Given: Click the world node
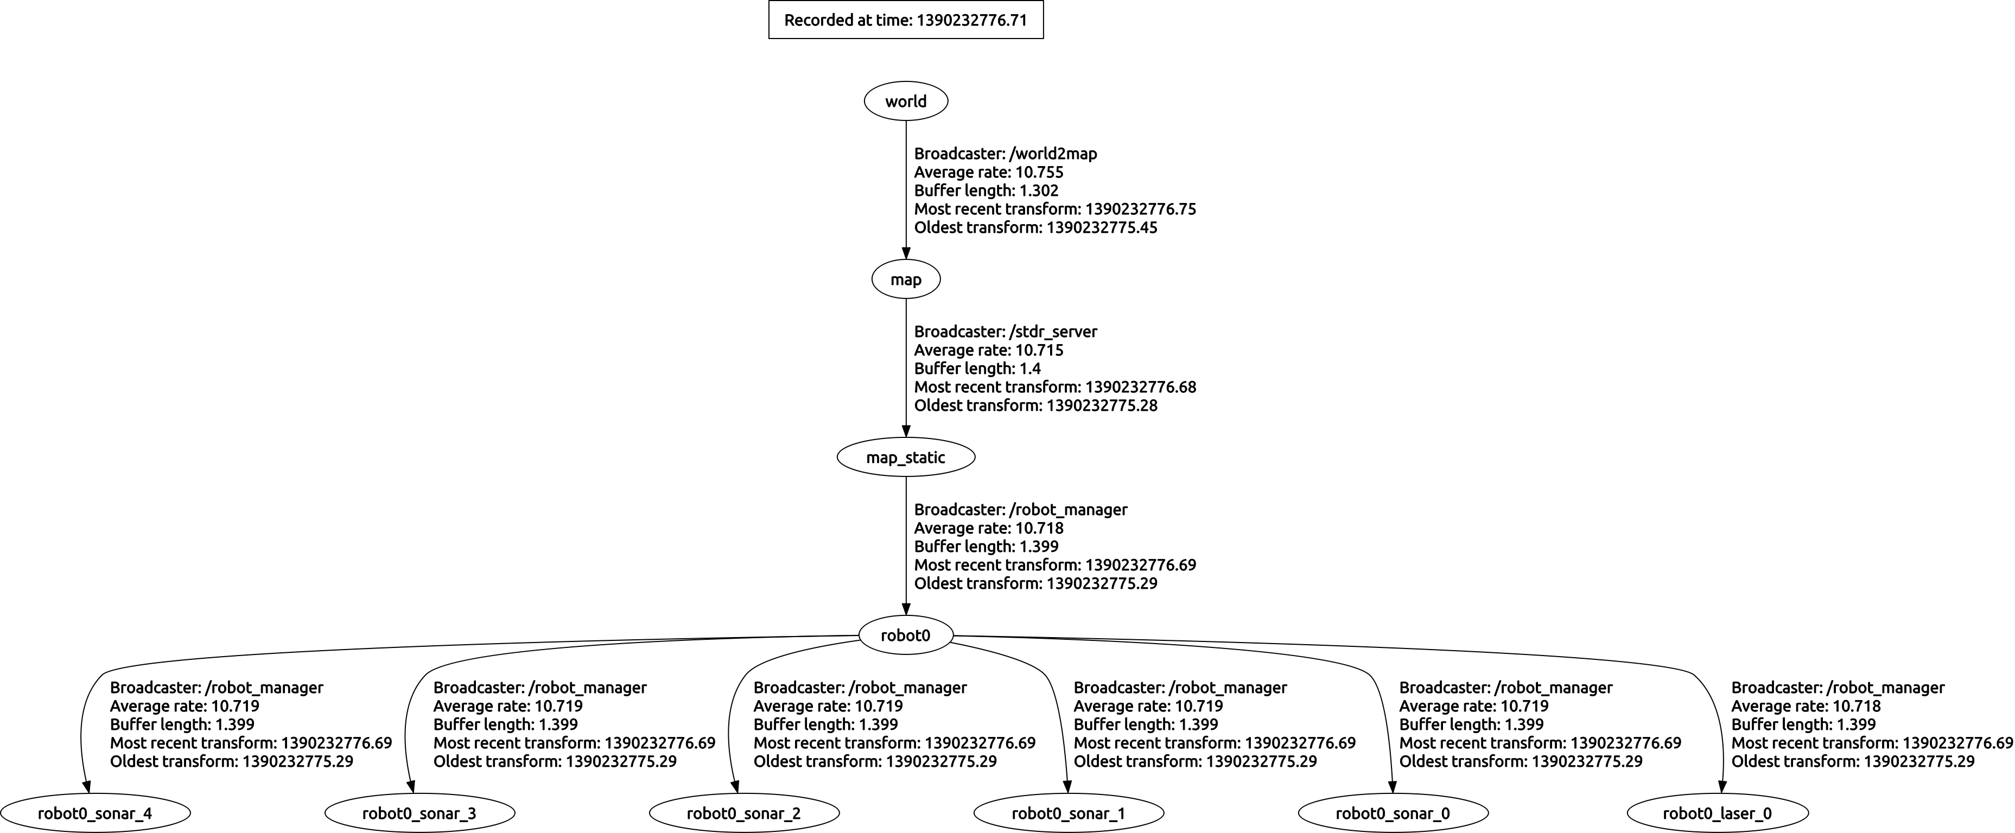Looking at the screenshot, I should (x=906, y=101).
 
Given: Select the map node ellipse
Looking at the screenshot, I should (x=906, y=279).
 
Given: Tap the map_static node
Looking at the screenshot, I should (x=906, y=457).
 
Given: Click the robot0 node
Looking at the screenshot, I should (x=906, y=635).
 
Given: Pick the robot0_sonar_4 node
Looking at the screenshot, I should (x=94, y=813).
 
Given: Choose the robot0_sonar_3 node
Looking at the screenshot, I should (x=419, y=813).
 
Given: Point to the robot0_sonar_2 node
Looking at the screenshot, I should (x=744, y=813).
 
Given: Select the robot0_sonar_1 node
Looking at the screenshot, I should (x=1069, y=813).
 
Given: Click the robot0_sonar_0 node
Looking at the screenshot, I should (x=1393, y=813).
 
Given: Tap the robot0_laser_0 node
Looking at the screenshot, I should (x=1717, y=813).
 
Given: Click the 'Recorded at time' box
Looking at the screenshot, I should (x=906, y=20).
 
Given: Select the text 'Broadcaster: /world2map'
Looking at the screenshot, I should (x=1005, y=153).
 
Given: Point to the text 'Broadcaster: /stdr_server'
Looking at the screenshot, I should (x=1005, y=332).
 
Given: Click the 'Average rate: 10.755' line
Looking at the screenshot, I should (x=989, y=172).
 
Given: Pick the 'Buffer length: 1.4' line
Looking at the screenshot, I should (x=977, y=368).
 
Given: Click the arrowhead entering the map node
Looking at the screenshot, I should (x=906, y=253).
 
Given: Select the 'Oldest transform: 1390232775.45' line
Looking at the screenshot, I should (x=1035, y=227).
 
